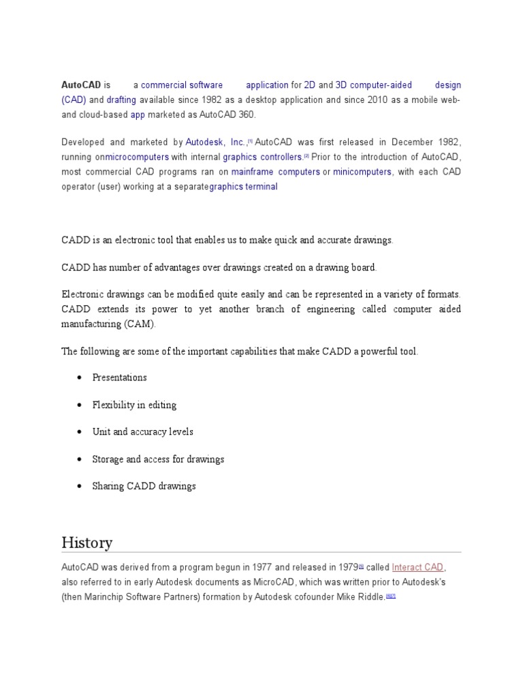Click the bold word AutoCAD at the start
(81, 85)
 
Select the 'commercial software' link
(182, 85)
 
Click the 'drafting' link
(121, 100)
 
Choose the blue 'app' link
(138, 115)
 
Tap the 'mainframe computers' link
(275, 172)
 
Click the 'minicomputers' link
(362, 172)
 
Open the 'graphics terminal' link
(243, 187)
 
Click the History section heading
(87, 543)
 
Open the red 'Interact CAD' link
(418, 567)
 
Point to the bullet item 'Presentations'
(119, 378)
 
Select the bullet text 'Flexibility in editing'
(134, 405)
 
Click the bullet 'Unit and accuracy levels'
(142, 432)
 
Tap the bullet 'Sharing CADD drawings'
(144, 487)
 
